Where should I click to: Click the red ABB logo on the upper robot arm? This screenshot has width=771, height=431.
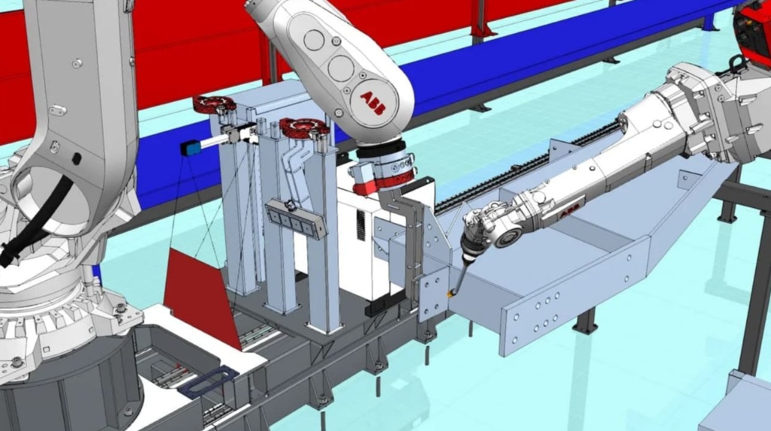click(x=372, y=103)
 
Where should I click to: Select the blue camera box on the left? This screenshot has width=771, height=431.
click(x=190, y=147)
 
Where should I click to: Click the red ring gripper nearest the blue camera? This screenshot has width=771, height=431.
click(x=214, y=104)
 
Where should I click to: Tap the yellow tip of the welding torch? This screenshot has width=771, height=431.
click(x=450, y=294)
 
